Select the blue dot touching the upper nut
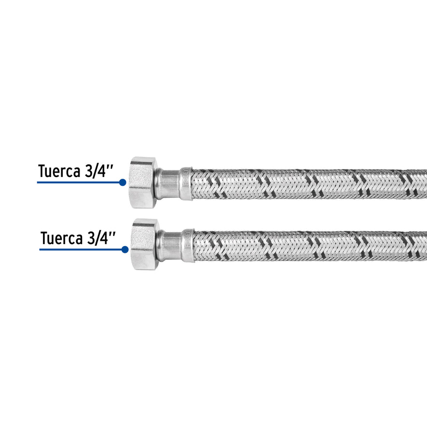[123, 182]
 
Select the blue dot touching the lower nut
[124, 249]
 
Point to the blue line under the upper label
[77, 182]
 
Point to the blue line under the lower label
[80, 249]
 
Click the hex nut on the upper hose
[143, 182]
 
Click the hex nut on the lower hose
[145, 244]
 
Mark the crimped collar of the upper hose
[186, 184]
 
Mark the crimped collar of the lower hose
[188, 246]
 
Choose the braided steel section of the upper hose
[309, 184]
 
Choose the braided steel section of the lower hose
[309, 246]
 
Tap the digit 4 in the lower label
[108, 238]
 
